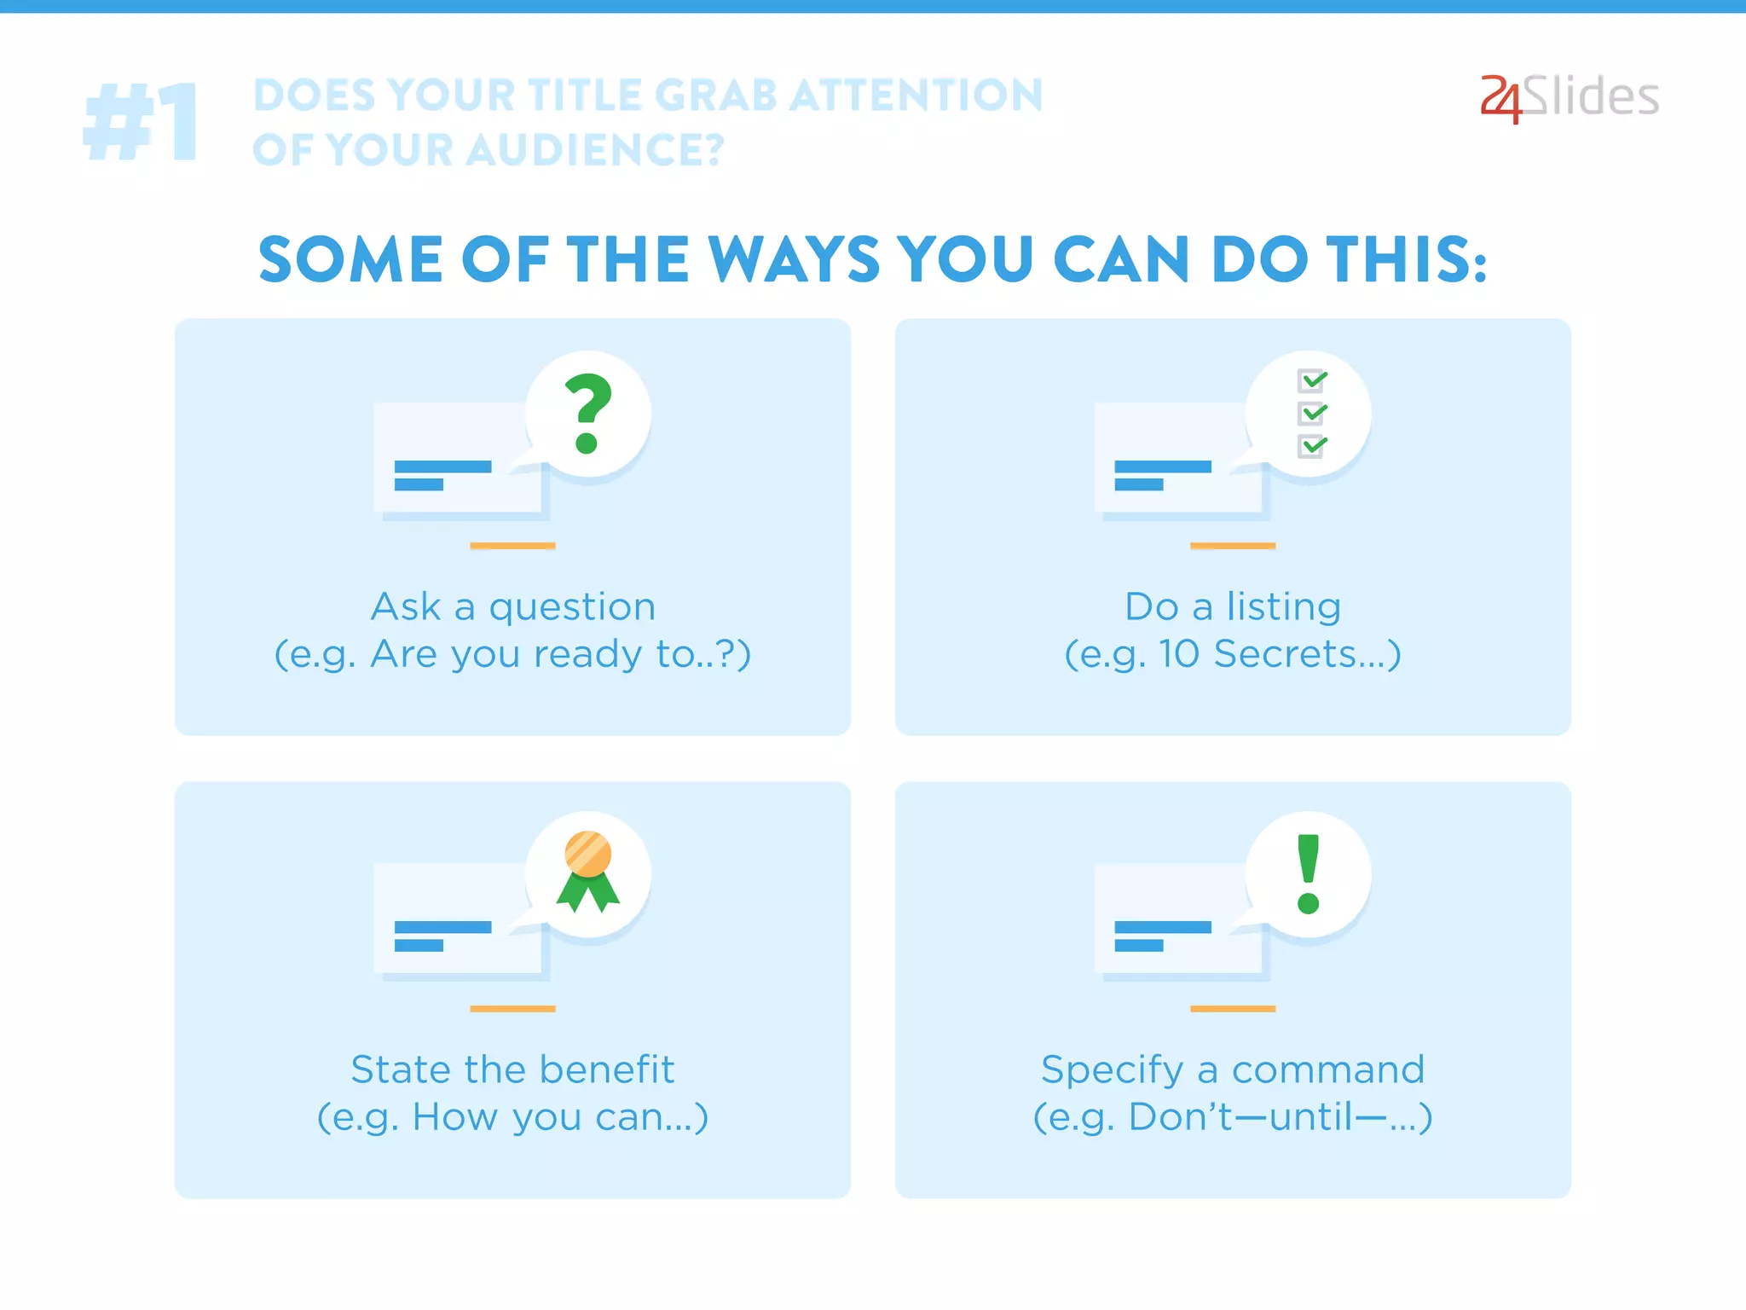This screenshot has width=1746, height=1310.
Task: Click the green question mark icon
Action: [588, 414]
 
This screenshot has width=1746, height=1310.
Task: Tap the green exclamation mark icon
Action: [1308, 874]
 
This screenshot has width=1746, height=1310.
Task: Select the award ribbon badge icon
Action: [588, 870]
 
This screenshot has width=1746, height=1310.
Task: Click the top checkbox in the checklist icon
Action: [1311, 380]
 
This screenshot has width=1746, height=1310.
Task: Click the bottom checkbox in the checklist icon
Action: [1311, 445]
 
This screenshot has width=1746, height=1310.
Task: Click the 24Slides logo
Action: [1569, 98]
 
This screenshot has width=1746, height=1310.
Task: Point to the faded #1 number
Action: [142, 122]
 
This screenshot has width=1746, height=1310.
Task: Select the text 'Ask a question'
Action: [513, 607]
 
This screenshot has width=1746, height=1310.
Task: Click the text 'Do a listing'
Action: [1233, 607]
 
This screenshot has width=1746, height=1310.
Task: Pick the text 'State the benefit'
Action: [513, 1069]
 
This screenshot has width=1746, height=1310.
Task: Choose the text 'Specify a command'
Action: [1233, 1069]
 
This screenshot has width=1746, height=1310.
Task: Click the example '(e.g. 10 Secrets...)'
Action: [1233, 655]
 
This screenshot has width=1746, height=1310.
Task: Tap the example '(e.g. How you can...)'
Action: [513, 1117]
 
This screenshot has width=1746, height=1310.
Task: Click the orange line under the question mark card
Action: [512, 546]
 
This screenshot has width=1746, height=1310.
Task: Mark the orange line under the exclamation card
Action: [1233, 1009]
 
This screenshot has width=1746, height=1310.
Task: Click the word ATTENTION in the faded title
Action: [916, 95]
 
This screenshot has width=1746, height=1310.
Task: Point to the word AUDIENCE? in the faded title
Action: [595, 150]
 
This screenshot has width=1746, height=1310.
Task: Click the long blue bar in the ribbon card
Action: [442, 927]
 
